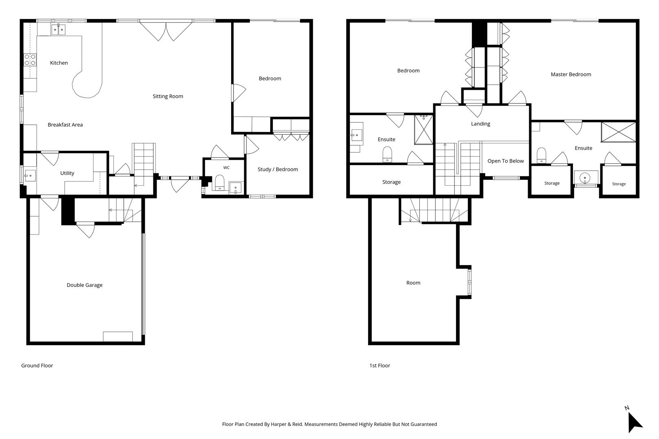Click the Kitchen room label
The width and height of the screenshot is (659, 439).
(x=59, y=63)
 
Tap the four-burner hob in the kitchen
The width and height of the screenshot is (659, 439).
(x=30, y=60)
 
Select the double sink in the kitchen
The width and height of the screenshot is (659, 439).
(x=58, y=30)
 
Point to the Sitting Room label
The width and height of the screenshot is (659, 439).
(x=168, y=96)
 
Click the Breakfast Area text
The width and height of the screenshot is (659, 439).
(x=65, y=125)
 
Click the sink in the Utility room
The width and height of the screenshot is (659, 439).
(x=30, y=176)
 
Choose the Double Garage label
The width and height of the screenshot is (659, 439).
(x=85, y=285)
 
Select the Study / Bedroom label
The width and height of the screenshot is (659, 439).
(x=278, y=170)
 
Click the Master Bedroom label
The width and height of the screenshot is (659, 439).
(x=571, y=74)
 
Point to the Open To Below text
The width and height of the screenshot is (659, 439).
(x=505, y=161)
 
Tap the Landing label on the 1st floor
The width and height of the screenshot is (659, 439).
(x=480, y=124)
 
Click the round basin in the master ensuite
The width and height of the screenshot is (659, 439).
(x=585, y=178)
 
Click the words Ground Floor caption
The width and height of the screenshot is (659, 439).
(x=37, y=365)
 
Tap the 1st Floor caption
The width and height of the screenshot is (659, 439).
(x=380, y=365)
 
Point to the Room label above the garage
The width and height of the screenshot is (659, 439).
(x=413, y=283)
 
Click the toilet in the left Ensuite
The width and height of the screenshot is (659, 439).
(x=387, y=154)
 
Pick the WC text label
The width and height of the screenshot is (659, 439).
(x=226, y=167)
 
